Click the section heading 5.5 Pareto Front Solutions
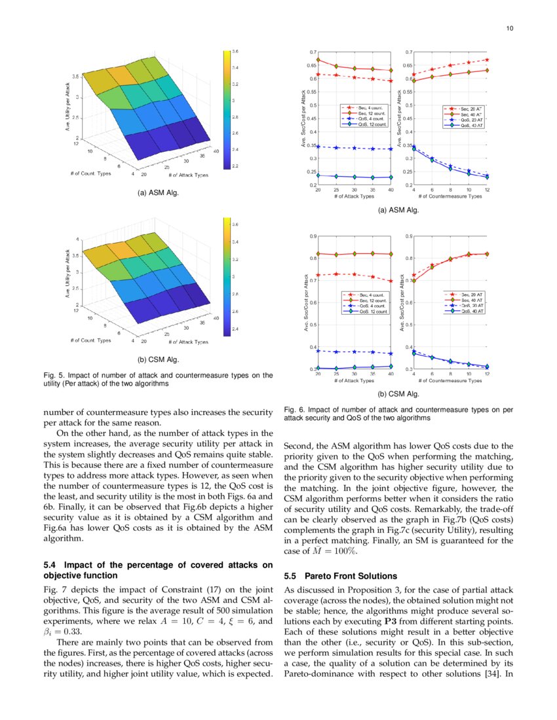pos(341,576)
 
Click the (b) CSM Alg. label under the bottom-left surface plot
pos(158,359)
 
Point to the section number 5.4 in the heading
pos(50,564)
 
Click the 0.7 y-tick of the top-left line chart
pos(313,52)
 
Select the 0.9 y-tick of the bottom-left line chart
pos(313,236)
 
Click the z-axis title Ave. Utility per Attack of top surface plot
pos(68,108)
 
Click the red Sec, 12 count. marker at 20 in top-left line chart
pos(318,60)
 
